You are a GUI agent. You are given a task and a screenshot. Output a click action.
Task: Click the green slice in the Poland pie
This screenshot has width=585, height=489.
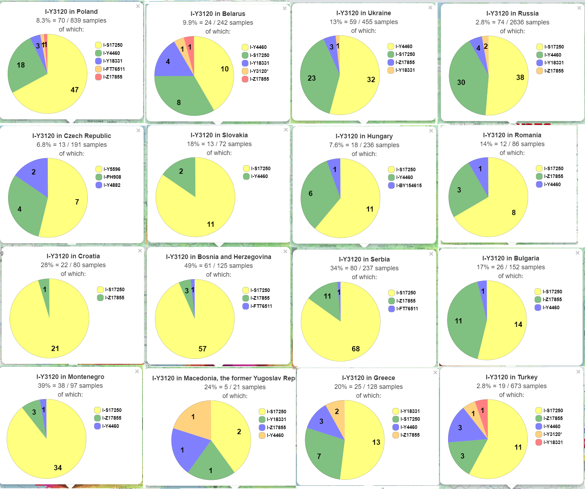pos(25,69)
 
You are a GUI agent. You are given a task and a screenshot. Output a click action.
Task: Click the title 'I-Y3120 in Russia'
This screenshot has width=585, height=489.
pos(512,13)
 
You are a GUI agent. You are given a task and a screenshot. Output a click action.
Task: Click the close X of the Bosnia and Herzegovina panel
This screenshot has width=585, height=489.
pos(285,252)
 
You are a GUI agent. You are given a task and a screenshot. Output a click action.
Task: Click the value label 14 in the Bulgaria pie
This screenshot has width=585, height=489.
pos(518,324)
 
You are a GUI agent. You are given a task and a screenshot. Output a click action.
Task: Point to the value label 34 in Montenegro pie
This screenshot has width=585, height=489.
pos(58,468)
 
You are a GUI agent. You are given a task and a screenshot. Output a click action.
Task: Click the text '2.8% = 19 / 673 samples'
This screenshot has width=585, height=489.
pos(511,386)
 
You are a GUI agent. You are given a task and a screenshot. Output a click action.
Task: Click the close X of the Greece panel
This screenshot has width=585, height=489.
pos(435,373)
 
